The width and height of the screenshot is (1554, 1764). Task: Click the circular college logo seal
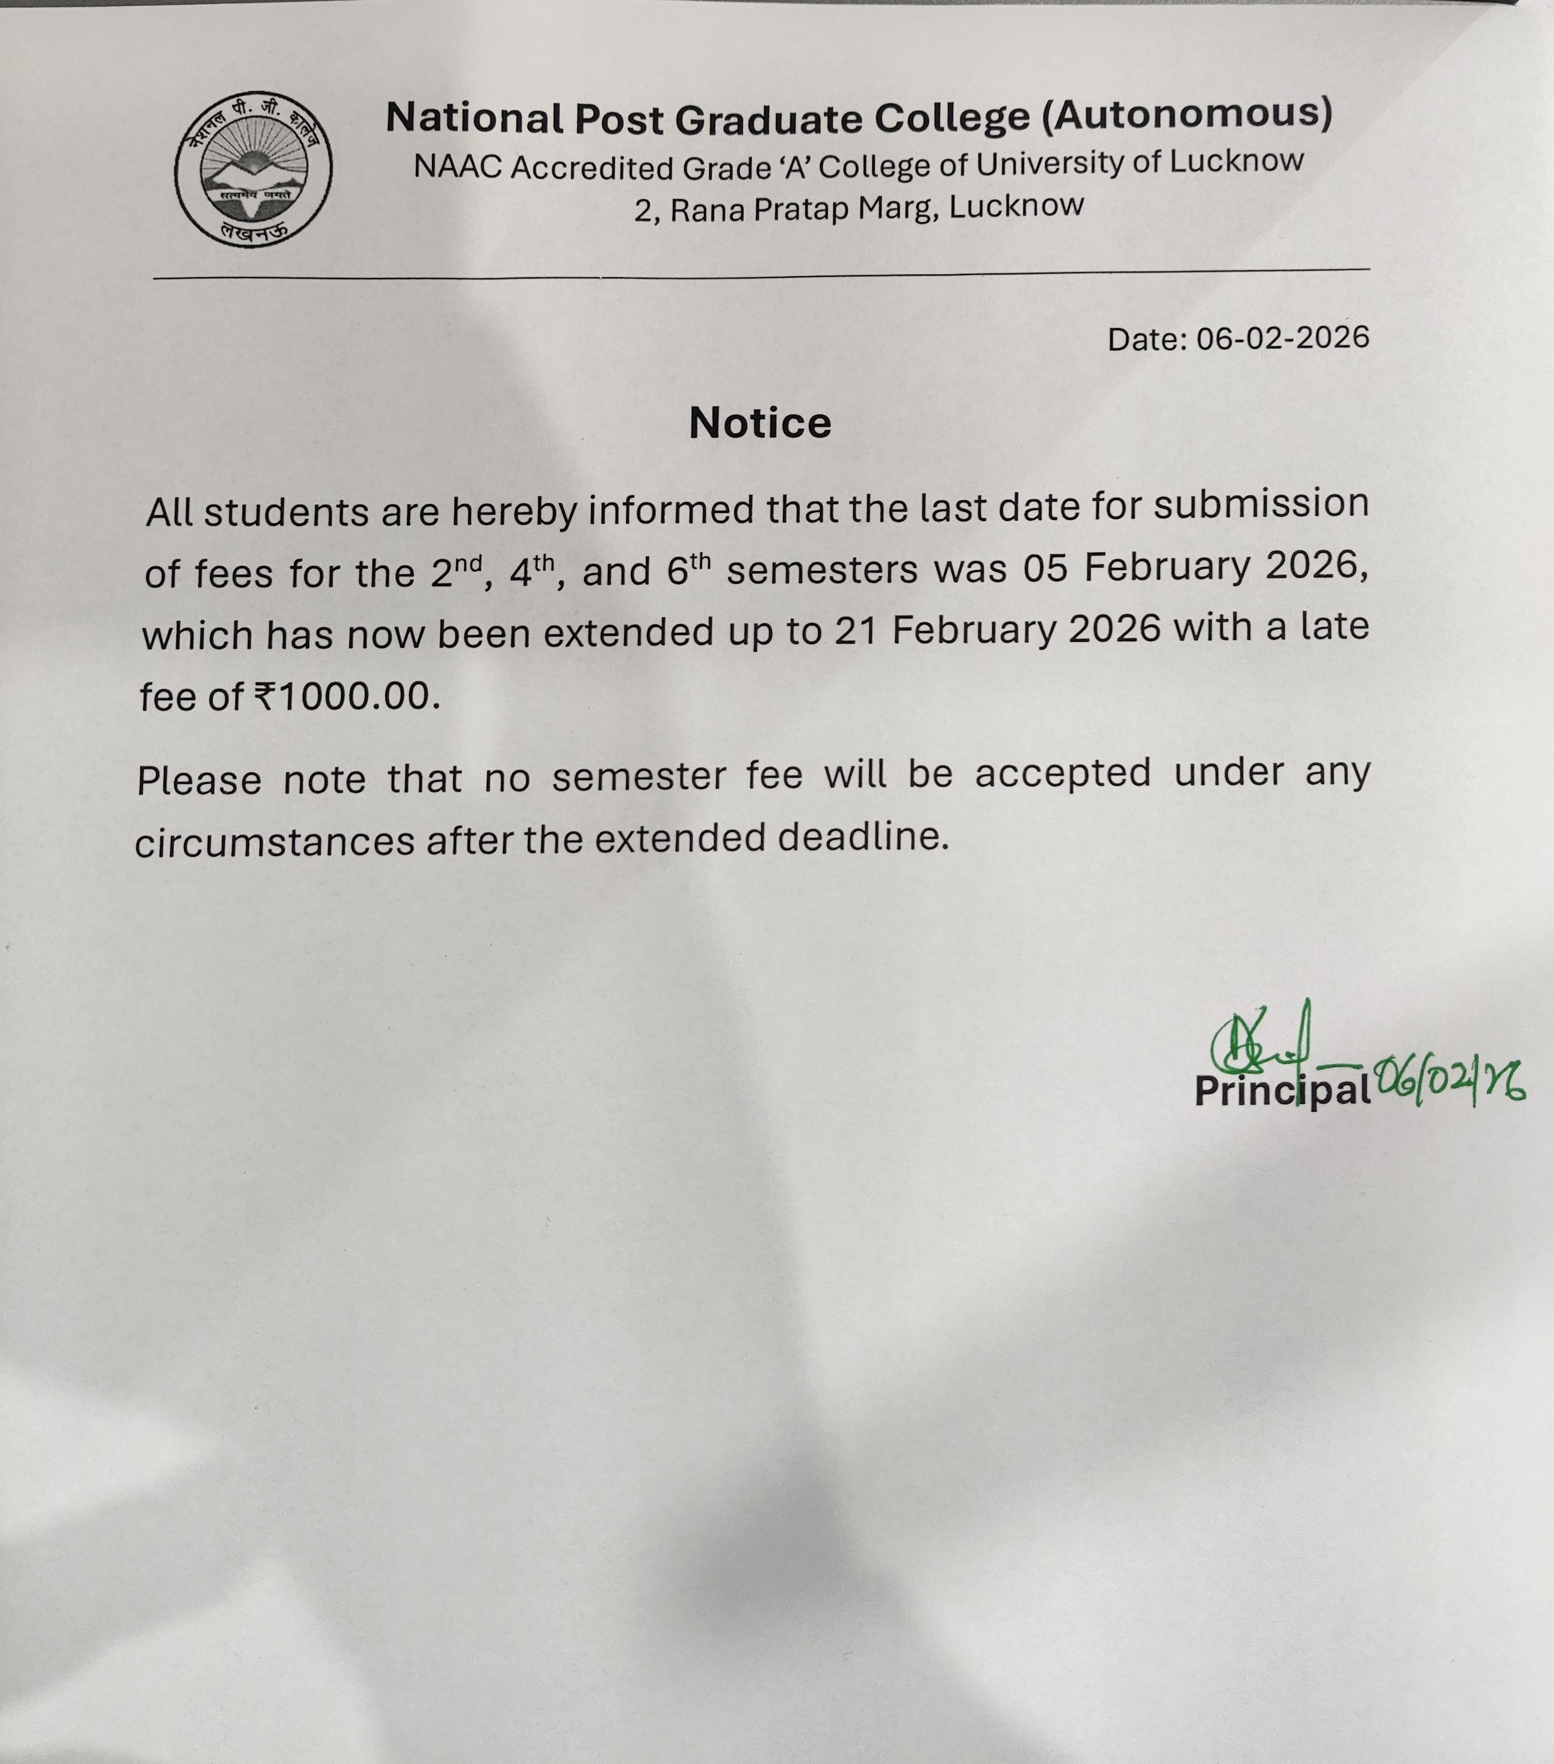tap(253, 169)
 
